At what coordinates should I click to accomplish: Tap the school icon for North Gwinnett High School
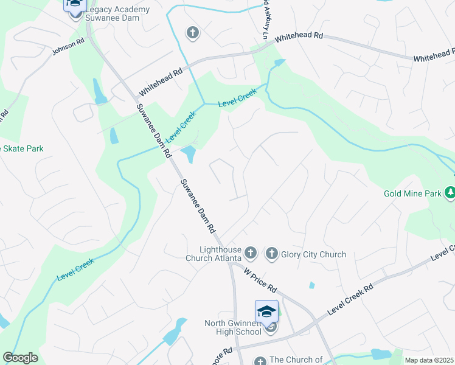(266, 311)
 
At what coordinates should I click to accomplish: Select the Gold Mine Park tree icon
(450, 193)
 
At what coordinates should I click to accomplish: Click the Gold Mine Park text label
(412, 195)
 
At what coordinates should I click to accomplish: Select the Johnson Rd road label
(68, 47)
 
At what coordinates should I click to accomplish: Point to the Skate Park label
(22, 148)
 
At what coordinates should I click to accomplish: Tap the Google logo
(20, 358)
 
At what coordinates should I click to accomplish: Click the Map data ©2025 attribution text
(429, 360)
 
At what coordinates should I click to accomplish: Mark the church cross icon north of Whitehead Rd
(192, 33)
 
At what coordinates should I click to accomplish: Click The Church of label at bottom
(296, 360)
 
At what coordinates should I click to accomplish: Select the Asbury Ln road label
(265, 19)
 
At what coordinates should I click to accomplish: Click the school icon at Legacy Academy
(74, 4)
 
